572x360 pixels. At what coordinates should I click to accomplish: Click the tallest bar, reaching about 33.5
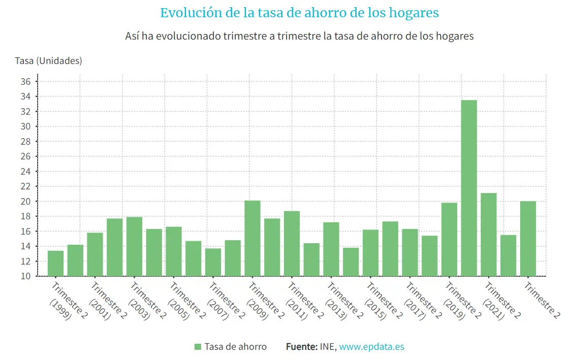point(469,188)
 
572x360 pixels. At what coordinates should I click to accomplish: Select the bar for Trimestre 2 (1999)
point(55,263)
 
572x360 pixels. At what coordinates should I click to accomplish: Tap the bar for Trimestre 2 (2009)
point(252,238)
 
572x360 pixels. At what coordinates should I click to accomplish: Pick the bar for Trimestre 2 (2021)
point(489,235)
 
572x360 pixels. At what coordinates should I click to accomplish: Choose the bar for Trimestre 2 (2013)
point(331,249)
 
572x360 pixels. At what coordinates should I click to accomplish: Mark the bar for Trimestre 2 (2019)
point(449,239)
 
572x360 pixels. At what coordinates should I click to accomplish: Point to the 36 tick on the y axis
point(26,82)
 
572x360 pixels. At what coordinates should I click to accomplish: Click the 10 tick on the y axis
point(26,276)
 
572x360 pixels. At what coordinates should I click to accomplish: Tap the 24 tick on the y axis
point(26,172)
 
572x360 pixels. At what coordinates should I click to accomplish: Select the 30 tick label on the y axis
point(26,126)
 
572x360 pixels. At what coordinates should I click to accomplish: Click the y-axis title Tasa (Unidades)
point(49,61)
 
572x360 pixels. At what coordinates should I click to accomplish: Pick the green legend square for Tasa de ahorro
point(198,347)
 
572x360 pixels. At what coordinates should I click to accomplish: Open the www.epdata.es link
point(371,347)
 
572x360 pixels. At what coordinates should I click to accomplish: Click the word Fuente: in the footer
point(301,347)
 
